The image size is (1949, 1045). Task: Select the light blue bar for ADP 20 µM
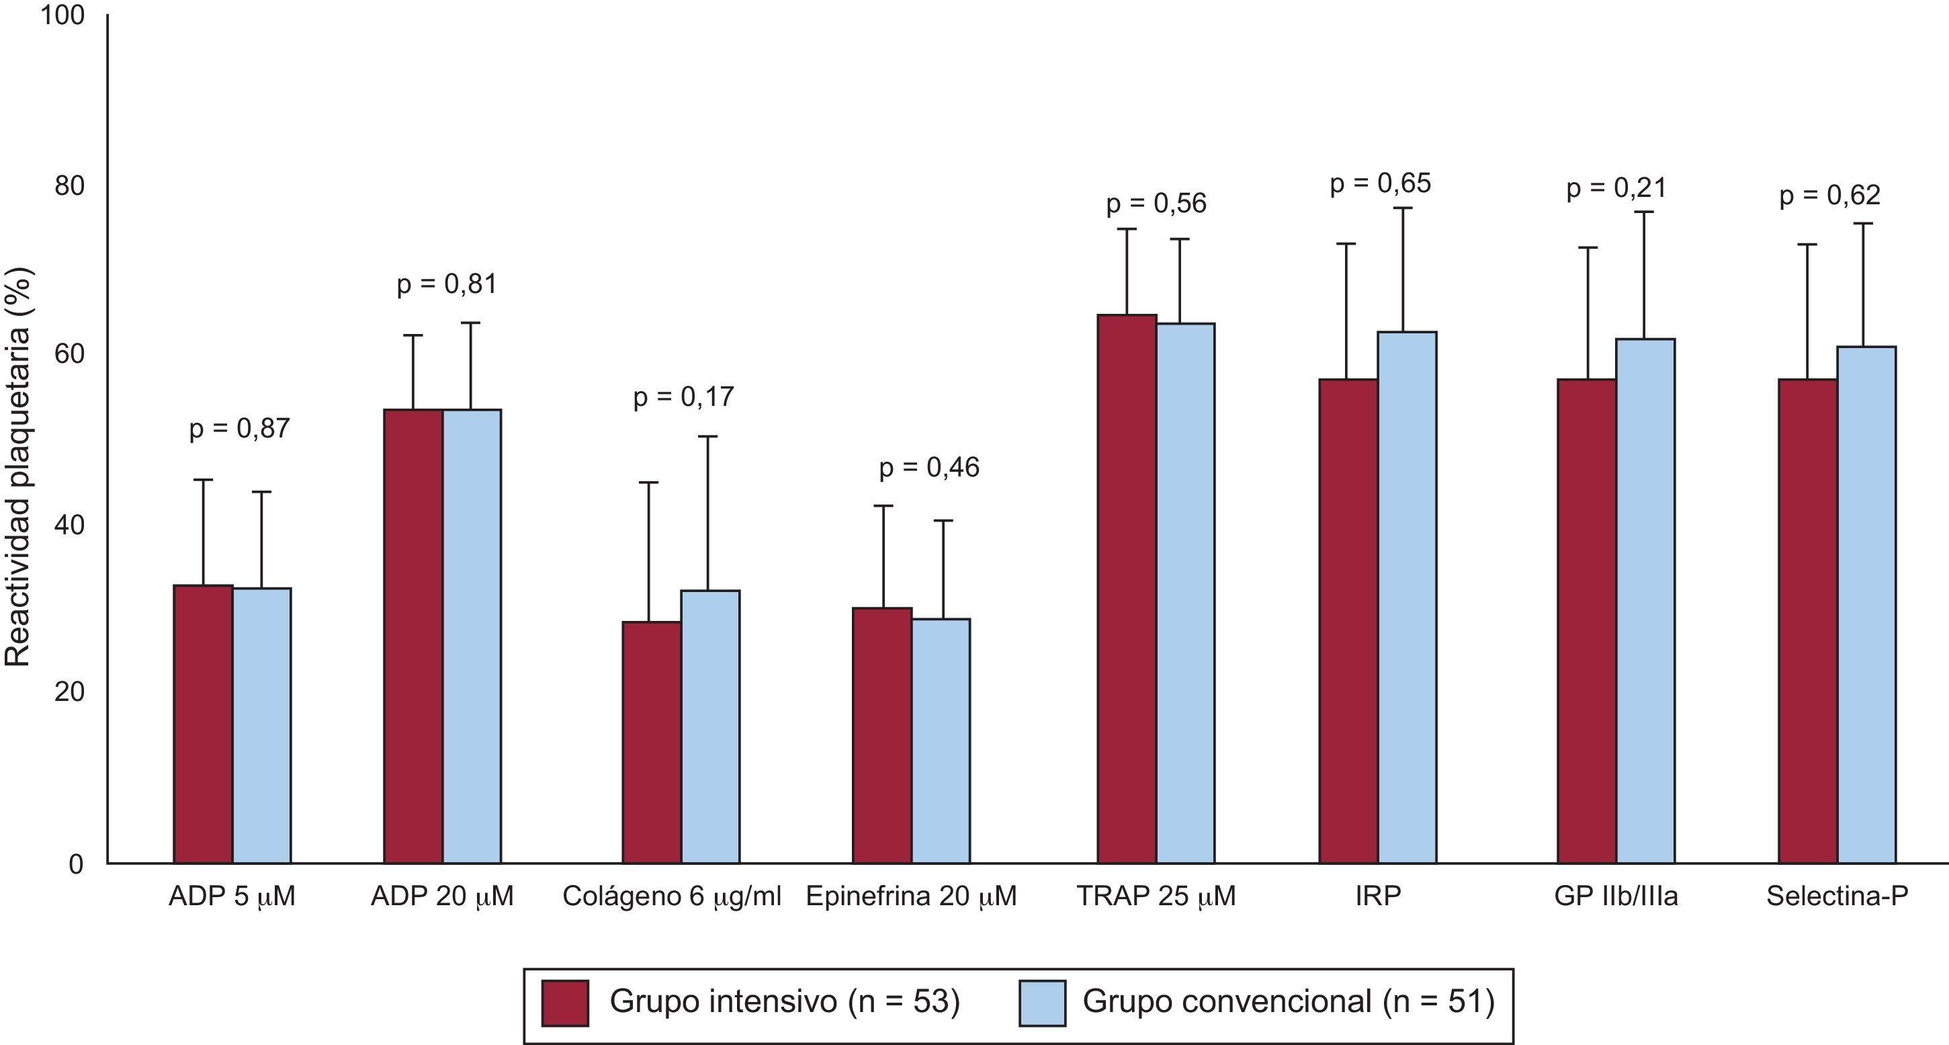pyautogui.click(x=472, y=636)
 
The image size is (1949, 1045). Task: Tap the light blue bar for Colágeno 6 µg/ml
pyautogui.click(x=710, y=726)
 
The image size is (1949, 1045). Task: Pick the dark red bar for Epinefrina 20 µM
pyautogui.click(x=882, y=735)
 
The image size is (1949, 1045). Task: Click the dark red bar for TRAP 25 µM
pyautogui.click(x=1127, y=589)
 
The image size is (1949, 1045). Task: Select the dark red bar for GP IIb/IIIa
pyautogui.click(x=1587, y=620)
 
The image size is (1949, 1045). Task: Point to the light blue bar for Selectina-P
pyautogui.click(x=1866, y=605)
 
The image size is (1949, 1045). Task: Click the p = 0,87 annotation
pyautogui.click(x=239, y=429)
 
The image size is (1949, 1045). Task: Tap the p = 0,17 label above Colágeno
pyautogui.click(x=683, y=396)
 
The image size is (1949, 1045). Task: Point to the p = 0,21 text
pyautogui.click(x=1616, y=187)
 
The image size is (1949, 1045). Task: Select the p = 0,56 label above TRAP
pyautogui.click(x=1156, y=204)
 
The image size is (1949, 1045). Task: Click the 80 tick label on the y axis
pyautogui.click(x=68, y=185)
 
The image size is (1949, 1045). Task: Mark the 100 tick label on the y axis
pyautogui.click(x=62, y=16)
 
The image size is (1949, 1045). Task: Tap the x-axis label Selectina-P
pyautogui.click(x=1837, y=896)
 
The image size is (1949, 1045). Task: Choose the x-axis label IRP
pyautogui.click(x=1378, y=896)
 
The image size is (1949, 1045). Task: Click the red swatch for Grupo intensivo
pyautogui.click(x=564, y=1003)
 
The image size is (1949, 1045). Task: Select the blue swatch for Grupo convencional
pyautogui.click(x=1042, y=1003)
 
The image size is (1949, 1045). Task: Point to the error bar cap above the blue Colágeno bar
pyautogui.click(x=708, y=437)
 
